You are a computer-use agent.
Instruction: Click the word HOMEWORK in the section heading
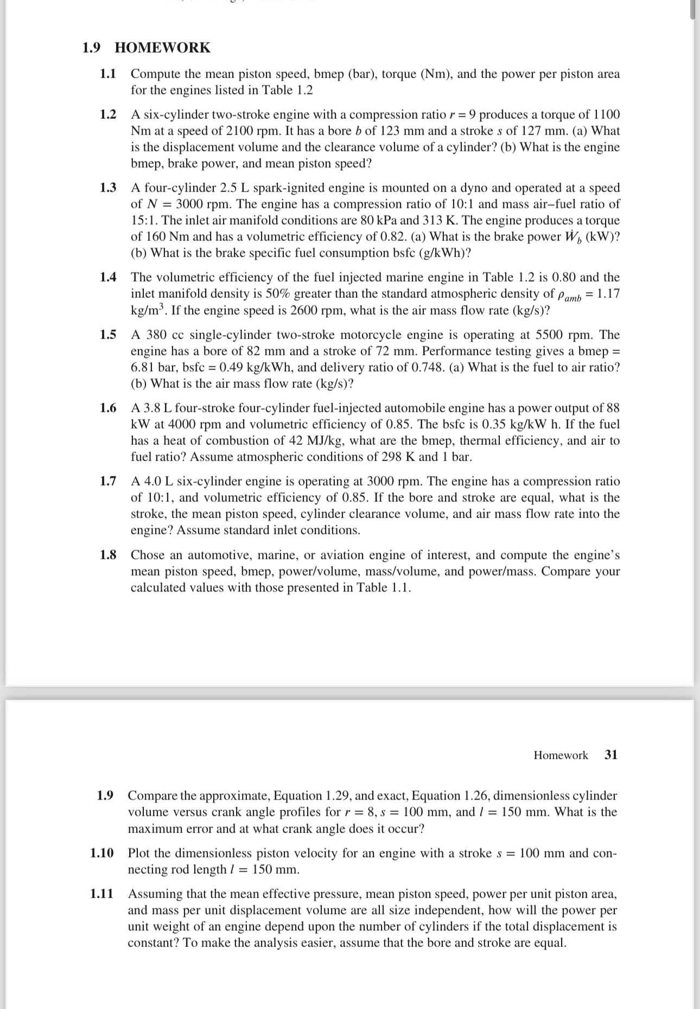pos(162,48)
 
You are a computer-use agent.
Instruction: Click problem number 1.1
pos(108,74)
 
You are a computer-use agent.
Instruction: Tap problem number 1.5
pos(108,335)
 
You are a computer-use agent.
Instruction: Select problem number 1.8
pos(108,555)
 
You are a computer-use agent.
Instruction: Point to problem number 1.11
pos(102,893)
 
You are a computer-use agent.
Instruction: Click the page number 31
pos(611,755)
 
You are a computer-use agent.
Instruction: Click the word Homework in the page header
pos(561,755)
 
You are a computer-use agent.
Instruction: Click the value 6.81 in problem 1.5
pos(143,367)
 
